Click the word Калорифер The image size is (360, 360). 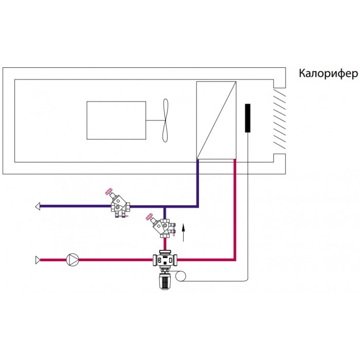tap(328, 74)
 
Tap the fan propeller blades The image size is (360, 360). tap(165, 120)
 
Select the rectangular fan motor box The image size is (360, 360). tap(116, 120)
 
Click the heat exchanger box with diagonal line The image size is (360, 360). tap(217, 120)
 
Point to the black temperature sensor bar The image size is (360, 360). tap(247, 118)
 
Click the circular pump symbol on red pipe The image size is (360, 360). tap(73, 260)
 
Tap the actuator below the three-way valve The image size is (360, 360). tap(165, 280)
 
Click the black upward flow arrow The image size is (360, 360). tap(183, 233)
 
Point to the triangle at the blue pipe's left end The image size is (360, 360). tap(38, 206)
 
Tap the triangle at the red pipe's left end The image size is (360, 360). tap(38, 260)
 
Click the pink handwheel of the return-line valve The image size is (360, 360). tap(109, 191)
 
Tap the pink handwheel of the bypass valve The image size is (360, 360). tap(149, 217)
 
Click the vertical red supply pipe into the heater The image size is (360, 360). tap(235, 209)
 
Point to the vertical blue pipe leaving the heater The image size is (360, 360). tap(197, 183)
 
